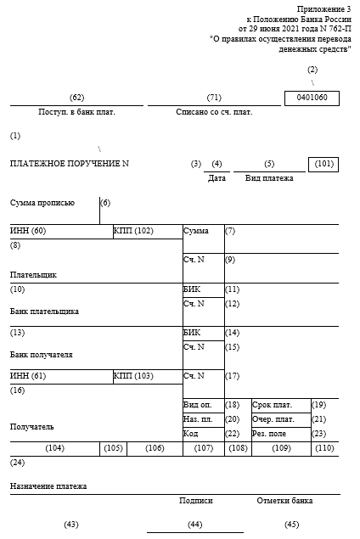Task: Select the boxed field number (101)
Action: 323,163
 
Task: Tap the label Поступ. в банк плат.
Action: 76,112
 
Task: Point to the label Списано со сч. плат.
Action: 213,112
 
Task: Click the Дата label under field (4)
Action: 217,178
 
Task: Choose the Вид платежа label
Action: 269,178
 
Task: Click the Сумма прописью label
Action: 42,203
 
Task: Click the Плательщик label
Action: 33,275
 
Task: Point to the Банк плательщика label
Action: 44,312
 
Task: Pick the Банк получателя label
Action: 42,355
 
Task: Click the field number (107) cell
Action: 203,448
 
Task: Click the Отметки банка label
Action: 284,501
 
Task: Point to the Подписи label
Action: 195,501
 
